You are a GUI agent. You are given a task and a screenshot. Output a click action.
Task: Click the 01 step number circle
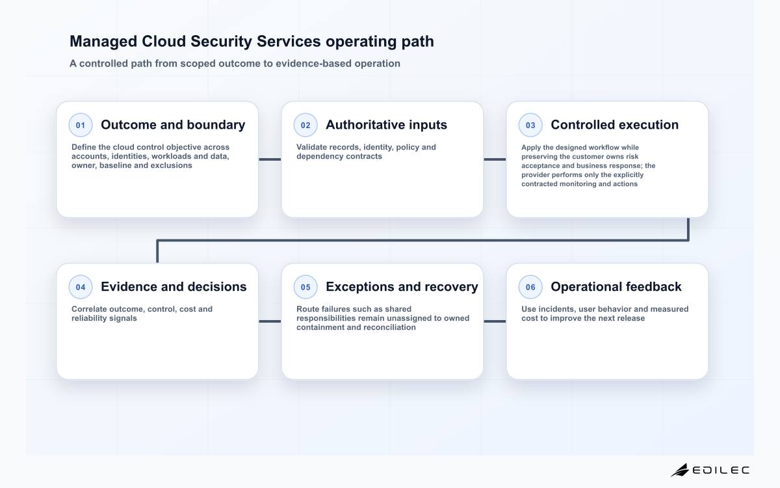81,125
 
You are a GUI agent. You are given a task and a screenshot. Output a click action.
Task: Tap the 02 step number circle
305,125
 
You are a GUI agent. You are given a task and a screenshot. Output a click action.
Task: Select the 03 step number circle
530,125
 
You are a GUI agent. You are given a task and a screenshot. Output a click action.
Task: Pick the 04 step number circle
81,287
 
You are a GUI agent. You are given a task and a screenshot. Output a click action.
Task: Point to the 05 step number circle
305,287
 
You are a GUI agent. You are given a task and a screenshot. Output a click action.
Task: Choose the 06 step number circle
530,287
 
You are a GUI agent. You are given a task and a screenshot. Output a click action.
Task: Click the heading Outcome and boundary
173,125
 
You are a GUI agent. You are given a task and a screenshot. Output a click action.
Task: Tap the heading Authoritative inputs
386,125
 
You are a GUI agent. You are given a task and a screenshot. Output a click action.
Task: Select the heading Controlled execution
615,125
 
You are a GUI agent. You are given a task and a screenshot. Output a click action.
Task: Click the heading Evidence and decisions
174,287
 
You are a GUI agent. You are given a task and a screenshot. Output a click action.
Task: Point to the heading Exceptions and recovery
402,287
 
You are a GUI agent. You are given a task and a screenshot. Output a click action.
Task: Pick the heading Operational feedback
616,287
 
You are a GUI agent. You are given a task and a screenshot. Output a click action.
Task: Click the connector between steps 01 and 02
270,159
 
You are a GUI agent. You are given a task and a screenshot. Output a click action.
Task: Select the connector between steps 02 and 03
495,159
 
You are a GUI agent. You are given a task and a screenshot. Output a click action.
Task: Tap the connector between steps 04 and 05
270,321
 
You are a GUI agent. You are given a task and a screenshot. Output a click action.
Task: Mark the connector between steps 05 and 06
495,321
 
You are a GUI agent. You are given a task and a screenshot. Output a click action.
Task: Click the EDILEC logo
710,470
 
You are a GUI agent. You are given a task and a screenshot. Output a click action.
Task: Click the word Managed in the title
103,42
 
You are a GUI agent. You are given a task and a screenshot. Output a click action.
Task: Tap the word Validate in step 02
311,147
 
